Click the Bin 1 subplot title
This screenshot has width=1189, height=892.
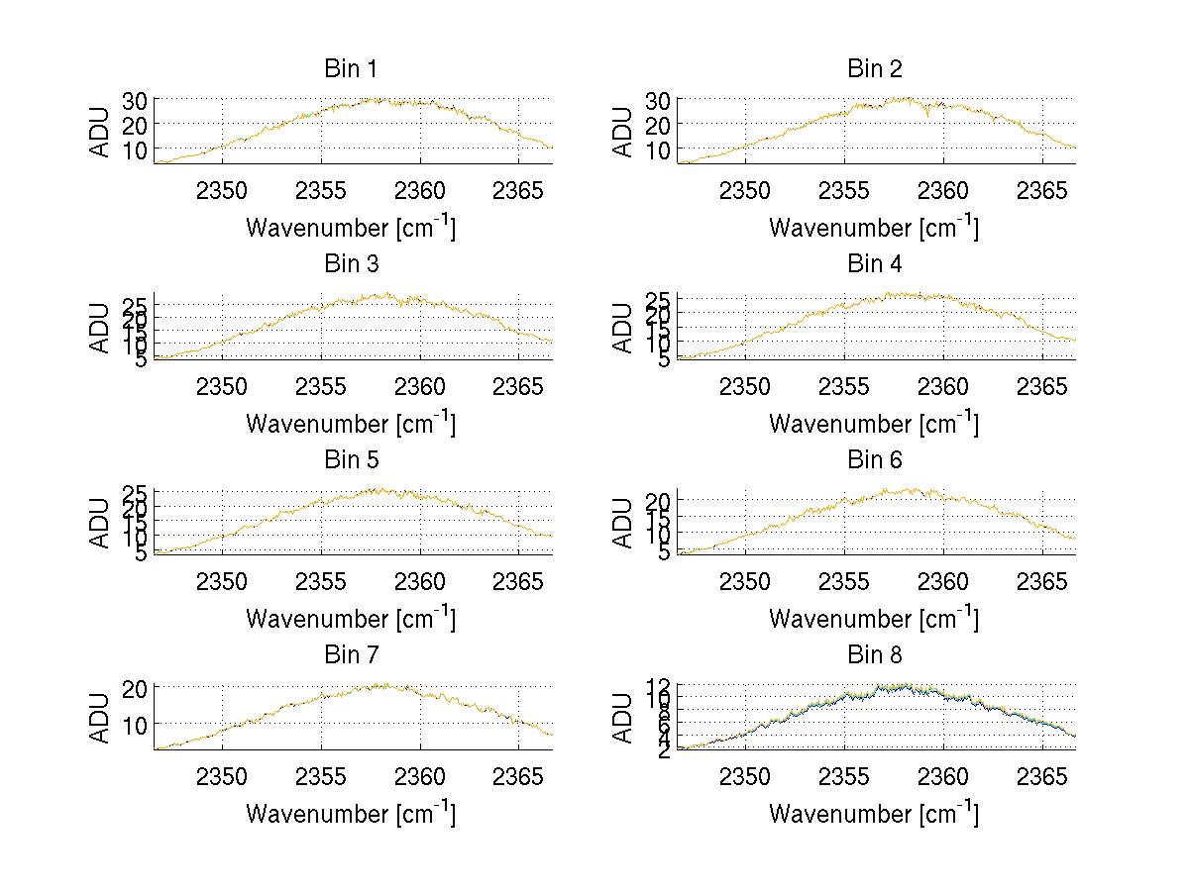[x=350, y=68]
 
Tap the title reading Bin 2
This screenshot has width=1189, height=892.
[x=874, y=68]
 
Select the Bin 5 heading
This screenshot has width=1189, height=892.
[x=350, y=459]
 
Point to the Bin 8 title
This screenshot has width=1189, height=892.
[x=874, y=654]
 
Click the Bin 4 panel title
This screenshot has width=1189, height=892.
[x=874, y=264]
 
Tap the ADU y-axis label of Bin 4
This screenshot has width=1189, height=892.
[x=623, y=328]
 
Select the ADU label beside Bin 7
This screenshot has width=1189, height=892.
[x=100, y=718]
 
